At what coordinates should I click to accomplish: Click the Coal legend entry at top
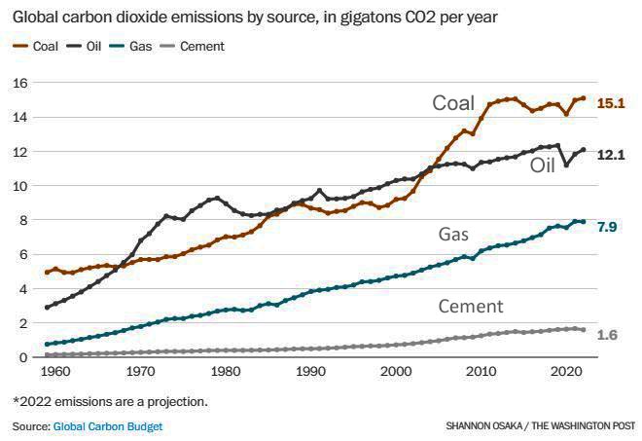point(38,47)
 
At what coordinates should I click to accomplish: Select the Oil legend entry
point(89,47)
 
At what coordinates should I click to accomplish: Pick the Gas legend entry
point(136,47)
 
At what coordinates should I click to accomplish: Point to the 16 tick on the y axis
point(20,83)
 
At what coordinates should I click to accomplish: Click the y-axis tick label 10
point(20,186)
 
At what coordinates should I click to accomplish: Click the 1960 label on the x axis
point(56,373)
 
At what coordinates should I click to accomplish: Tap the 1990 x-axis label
point(311,373)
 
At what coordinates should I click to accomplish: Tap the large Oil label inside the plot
point(543,165)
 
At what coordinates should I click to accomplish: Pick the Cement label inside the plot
point(470,307)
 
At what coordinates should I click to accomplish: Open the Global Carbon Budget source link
point(107,426)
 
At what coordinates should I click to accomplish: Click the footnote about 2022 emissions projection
point(110,400)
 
